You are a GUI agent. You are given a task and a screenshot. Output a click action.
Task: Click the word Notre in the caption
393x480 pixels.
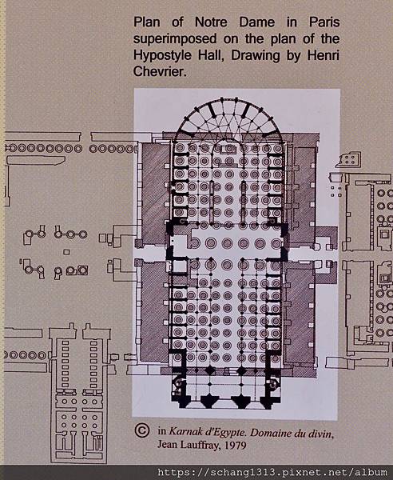pyautogui.click(x=211, y=22)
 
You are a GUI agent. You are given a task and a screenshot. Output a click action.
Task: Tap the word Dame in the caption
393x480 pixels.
pyautogui.click(x=257, y=22)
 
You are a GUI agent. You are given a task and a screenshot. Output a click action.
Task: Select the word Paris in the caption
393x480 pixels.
pyautogui.click(x=324, y=22)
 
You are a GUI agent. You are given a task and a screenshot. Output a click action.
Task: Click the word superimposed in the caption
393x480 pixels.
pyautogui.click(x=175, y=39)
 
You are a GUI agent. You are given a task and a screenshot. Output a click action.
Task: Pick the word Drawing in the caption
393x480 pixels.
pyautogui.click(x=255, y=56)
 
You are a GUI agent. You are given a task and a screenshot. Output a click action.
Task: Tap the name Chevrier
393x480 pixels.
pyautogui.click(x=159, y=72)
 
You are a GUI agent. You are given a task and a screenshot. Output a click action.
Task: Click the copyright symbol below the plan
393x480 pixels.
pyautogui.click(x=142, y=430)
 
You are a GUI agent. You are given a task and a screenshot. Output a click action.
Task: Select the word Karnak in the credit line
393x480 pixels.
pyautogui.click(x=186, y=431)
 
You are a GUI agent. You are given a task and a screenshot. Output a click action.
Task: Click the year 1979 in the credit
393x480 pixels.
pyautogui.click(x=236, y=445)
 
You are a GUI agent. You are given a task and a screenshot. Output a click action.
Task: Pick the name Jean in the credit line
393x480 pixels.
pyautogui.click(x=167, y=445)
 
